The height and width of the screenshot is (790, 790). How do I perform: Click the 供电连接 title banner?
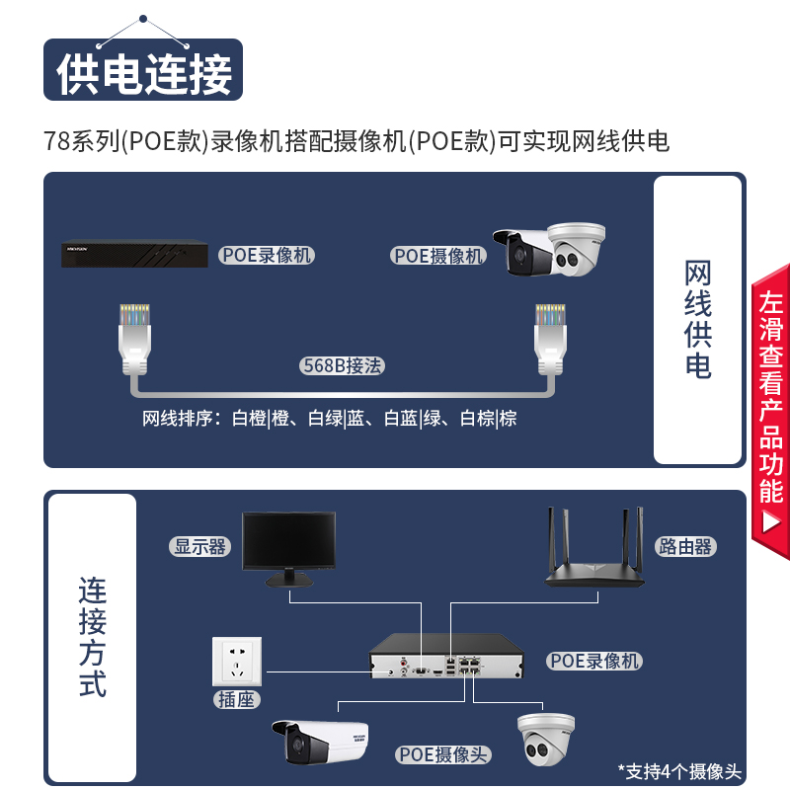[x=143, y=69]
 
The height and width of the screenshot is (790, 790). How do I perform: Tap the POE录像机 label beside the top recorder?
[x=267, y=255]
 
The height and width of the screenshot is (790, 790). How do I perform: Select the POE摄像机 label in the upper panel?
[x=437, y=256]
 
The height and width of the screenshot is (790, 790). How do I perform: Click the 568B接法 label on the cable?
[x=342, y=365]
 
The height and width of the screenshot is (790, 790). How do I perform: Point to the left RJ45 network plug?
[x=134, y=339]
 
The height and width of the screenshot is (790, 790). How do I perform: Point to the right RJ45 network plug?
[x=550, y=339]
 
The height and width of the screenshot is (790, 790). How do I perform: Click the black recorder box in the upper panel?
[x=134, y=254]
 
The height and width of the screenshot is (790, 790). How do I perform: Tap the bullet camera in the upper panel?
[x=524, y=252]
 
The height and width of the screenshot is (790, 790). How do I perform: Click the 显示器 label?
[x=200, y=547]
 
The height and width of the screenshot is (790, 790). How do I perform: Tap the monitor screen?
[x=288, y=541]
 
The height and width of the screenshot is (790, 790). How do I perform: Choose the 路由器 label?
[x=685, y=547]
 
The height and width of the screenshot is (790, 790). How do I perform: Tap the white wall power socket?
[x=237, y=662]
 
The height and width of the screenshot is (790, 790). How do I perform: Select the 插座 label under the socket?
[x=236, y=700]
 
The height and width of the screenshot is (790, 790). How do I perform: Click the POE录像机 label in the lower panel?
[x=594, y=661]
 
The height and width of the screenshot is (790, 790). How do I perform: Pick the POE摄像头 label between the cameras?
[x=442, y=754]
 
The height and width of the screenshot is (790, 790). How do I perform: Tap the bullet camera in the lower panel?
[x=320, y=743]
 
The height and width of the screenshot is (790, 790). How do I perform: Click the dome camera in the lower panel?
[x=546, y=739]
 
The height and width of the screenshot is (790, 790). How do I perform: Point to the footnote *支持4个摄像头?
[x=679, y=771]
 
